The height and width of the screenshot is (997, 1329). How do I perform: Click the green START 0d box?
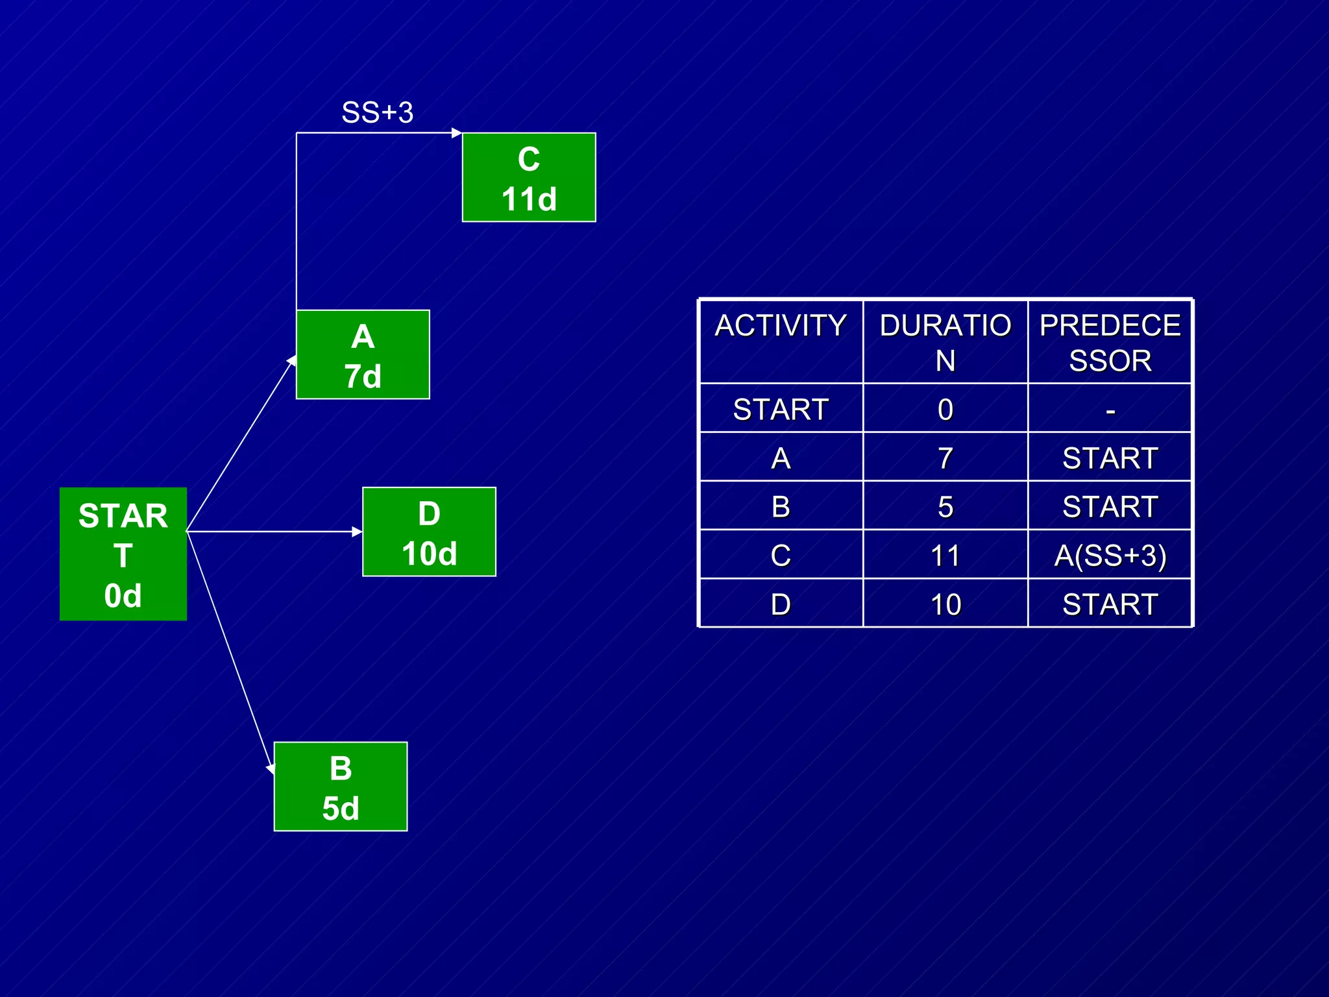pyautogui.click(x=123, y=554)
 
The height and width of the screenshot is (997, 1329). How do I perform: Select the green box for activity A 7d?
pyautogui.click(x=363, y=354)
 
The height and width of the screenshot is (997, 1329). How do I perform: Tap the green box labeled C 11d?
pyautogui.click(x=529, y=177)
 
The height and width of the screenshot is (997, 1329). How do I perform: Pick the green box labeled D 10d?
pyautogui.click(x=429, y=532)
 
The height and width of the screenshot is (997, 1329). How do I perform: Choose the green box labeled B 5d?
pyautogui.click(x=341, y=786)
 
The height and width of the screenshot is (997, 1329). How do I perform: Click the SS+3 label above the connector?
pyautogui.click(x=377, y=113)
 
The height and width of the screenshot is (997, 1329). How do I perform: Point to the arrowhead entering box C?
pyautogui.click(x=457, y=133)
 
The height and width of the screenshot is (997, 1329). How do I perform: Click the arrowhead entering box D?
pyautogui.click(x=357, y=532)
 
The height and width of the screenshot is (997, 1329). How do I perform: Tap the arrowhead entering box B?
pyautogui.click(x=271, y=768)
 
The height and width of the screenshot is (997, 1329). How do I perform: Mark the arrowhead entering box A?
pyautogui.click(x=292, y=361)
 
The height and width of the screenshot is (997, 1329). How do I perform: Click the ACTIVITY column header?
pyautogui.click(x=781, y=326)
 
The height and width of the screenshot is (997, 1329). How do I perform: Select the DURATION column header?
pyautogui.click(x=945, y=342)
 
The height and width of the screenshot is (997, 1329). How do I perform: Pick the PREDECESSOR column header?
pyautogui.click(x=1110, y=342)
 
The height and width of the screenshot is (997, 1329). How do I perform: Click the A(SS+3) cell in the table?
pyautogui.click(x=1110, y=556)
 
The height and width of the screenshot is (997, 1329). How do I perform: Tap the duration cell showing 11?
pyautogui.click(x=945, y=556)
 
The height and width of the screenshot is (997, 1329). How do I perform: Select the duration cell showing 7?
pyautogui.click(x=945, y=458)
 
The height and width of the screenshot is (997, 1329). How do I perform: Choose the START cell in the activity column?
pyautogui.click(x=781, y=410)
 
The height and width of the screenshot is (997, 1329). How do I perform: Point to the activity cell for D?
pyautogui.click(x=781, y=604)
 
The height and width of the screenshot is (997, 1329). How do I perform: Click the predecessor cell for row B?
pyautogui.click(x=1110, y=506)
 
